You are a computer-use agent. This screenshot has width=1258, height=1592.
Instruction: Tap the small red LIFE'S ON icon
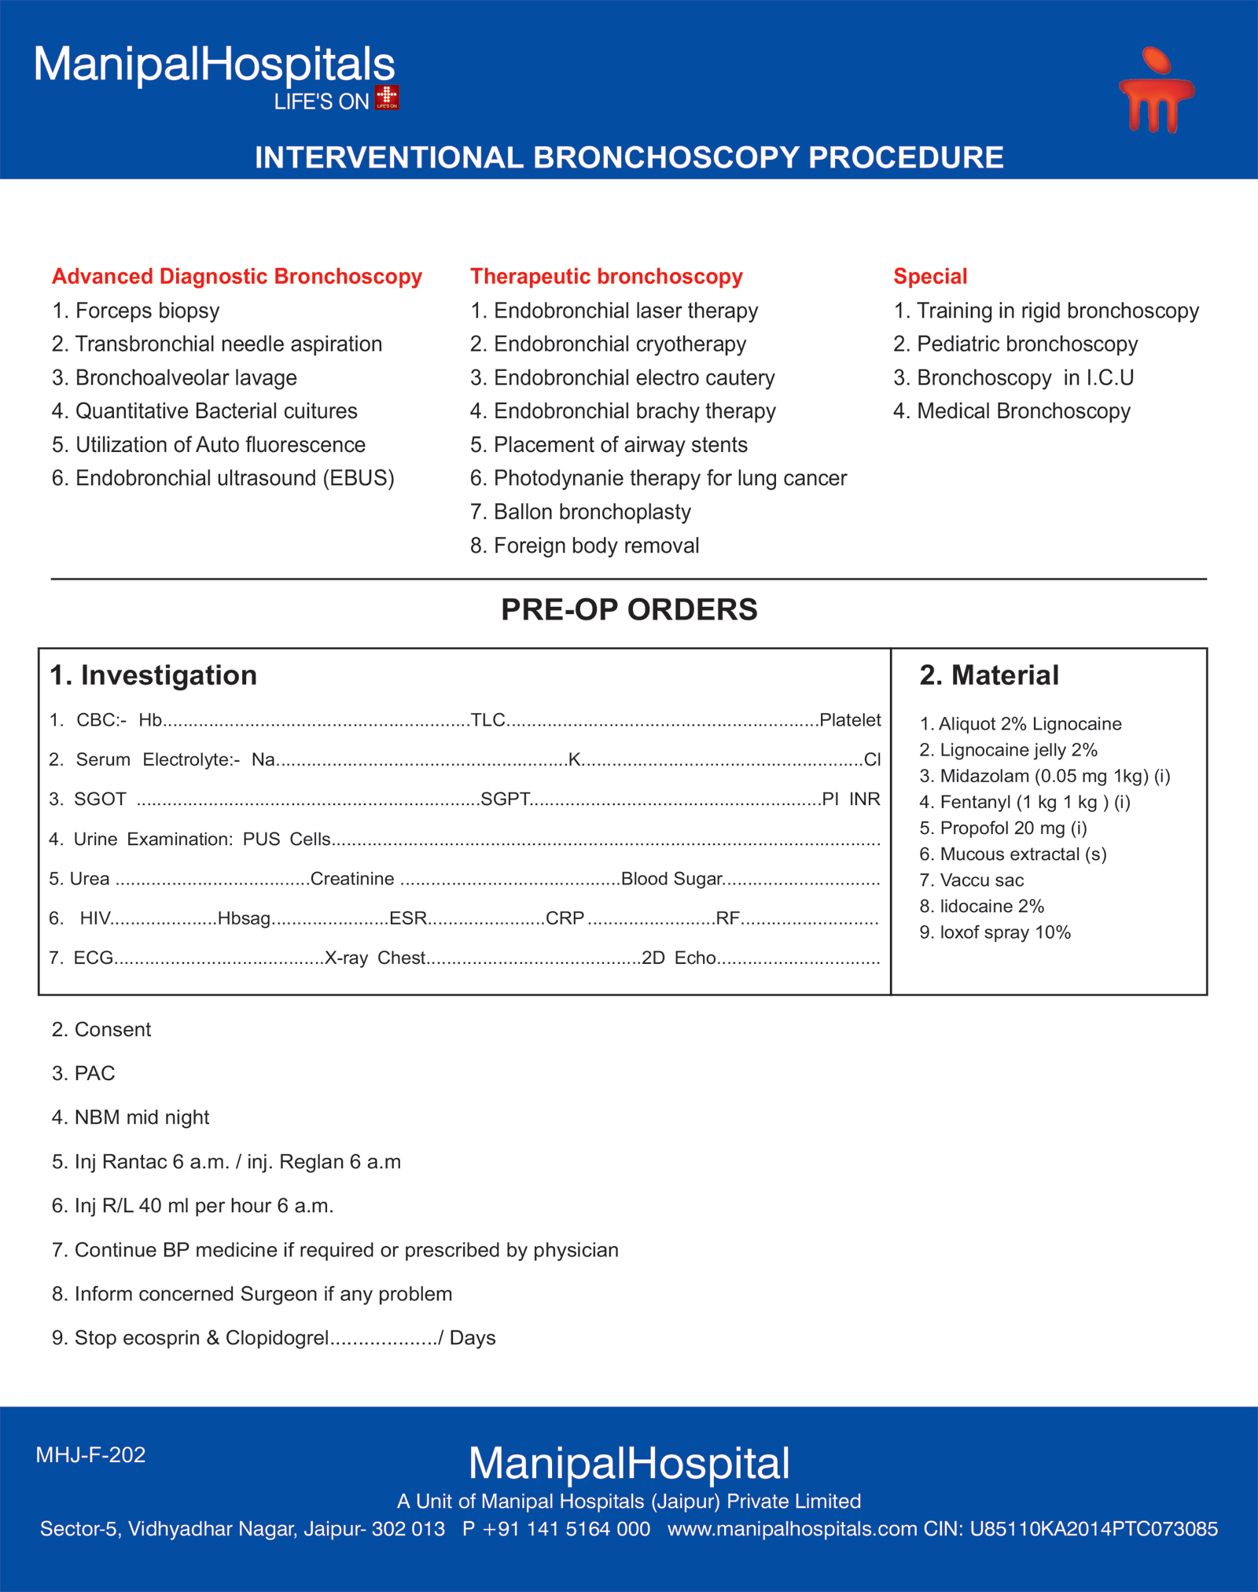point(387,97)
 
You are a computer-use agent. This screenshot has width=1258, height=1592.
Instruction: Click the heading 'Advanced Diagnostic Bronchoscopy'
point(237,277)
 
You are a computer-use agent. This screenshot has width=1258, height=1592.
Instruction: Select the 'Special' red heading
point(930,277)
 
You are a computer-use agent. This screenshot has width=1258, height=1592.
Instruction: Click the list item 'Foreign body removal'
point(596,546)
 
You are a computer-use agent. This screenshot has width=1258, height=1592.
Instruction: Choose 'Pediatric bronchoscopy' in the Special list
point(1027,344)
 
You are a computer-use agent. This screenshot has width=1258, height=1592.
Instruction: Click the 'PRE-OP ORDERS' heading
point(629,610)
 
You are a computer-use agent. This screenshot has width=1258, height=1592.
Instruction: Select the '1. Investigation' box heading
point(153,675)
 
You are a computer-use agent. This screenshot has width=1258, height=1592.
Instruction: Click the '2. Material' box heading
point(989,675)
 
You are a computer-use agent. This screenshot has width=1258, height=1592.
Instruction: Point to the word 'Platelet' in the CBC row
point(850,720)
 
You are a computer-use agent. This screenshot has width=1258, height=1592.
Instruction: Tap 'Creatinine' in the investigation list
point(352,879)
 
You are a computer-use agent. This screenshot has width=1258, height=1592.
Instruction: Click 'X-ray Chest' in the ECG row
point(375,958)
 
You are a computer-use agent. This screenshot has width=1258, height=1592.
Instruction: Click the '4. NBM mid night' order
point(131,1117)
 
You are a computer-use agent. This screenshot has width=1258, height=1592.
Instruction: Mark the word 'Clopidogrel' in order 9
point(277,1338)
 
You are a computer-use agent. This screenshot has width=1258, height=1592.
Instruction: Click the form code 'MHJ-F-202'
point(90,1454)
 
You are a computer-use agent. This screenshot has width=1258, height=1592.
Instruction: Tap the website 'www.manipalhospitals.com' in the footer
point(793,1528)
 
